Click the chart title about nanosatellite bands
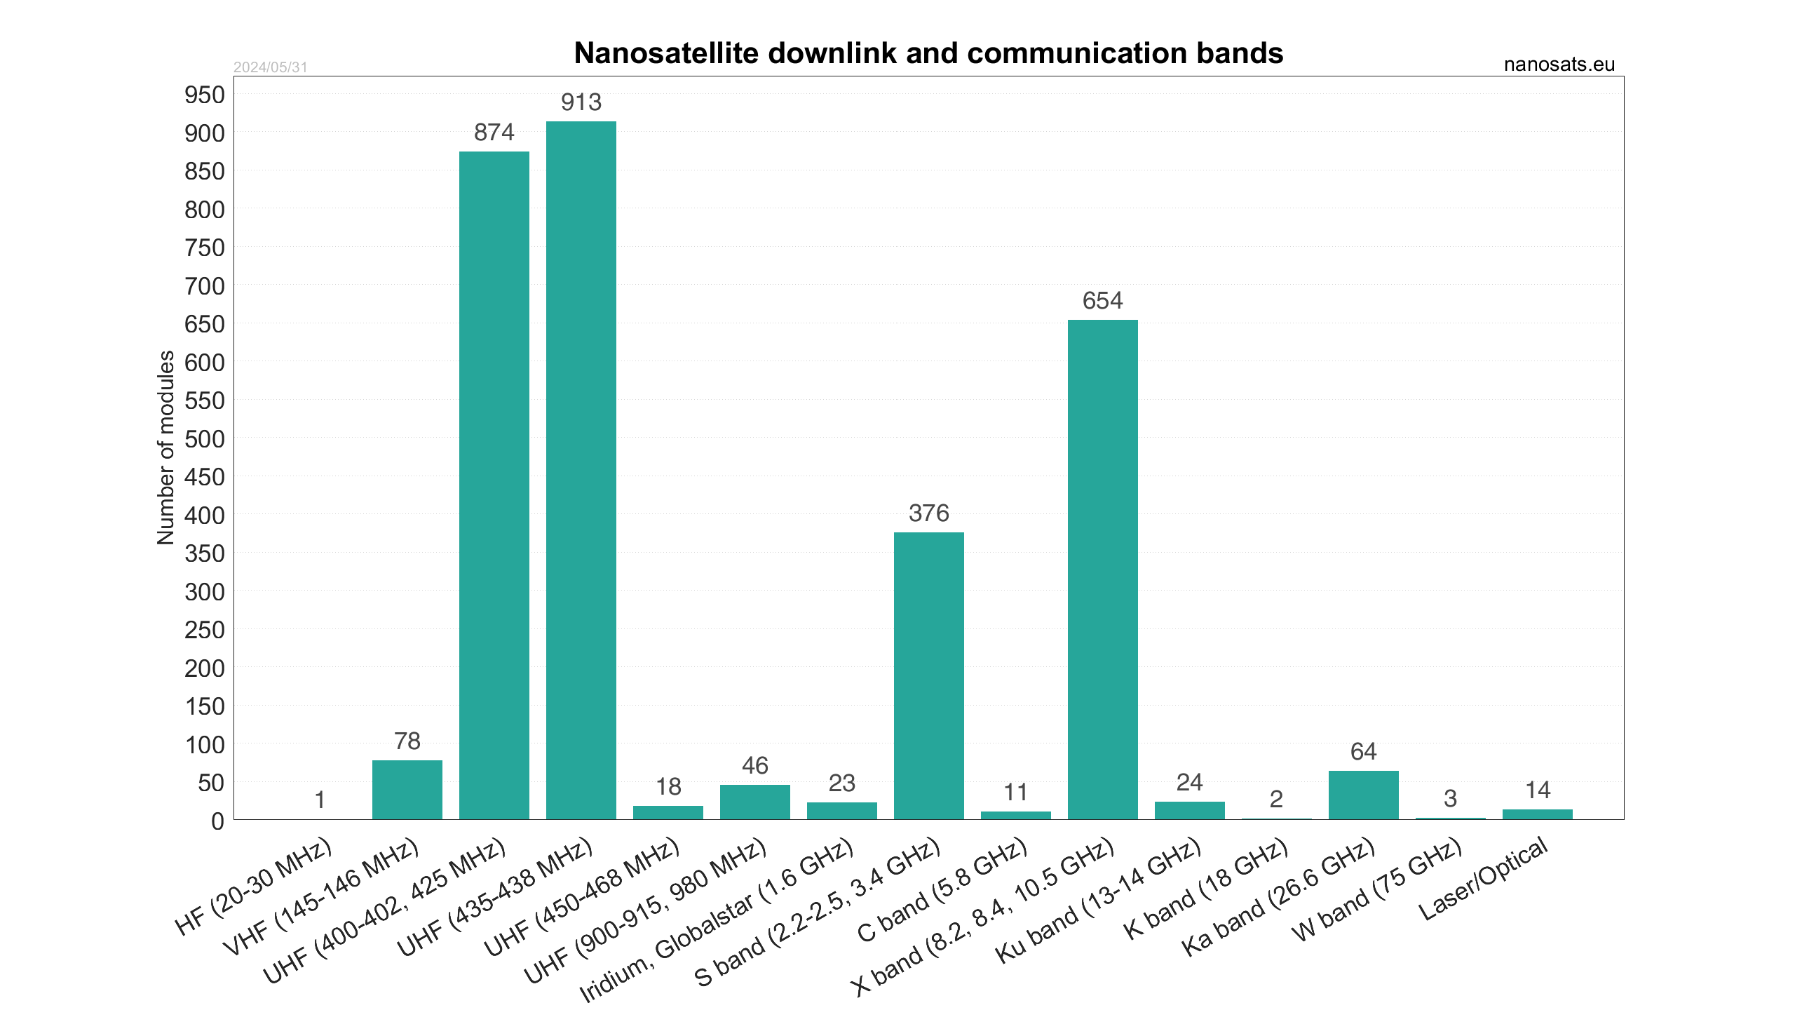928,53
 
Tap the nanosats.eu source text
1559,65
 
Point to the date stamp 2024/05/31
270,67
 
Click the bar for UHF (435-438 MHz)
581,470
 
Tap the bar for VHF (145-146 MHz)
407,790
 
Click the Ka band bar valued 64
1363,795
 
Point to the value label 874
494,132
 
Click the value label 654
1102,301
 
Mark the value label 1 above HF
320,800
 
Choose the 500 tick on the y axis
204,439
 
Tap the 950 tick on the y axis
204,95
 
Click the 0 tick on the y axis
217,821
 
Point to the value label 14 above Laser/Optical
1538,790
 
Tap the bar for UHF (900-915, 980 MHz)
755,802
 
